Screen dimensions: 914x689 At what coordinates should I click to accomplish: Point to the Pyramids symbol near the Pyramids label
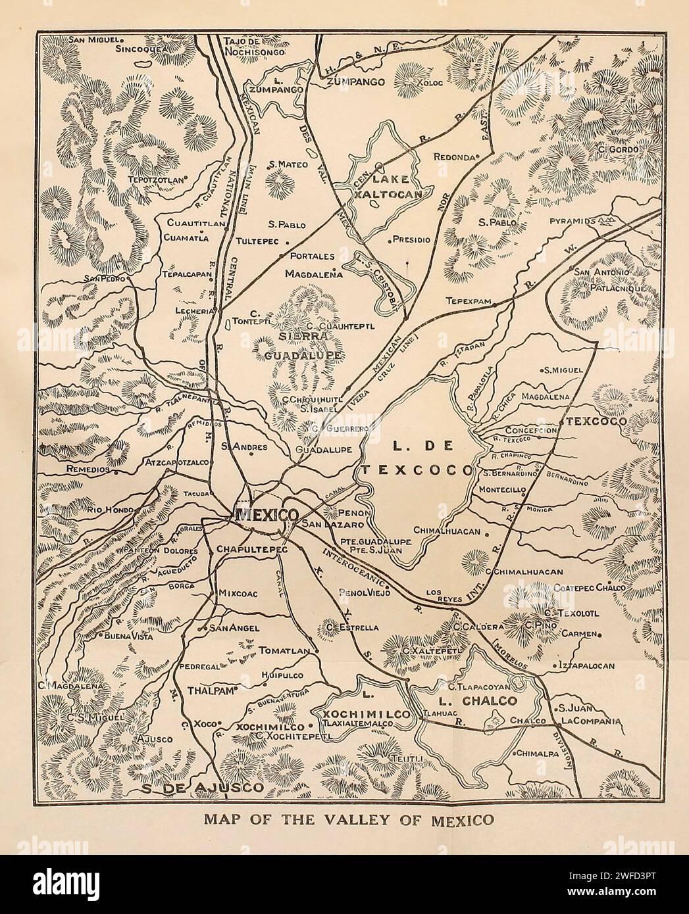609,220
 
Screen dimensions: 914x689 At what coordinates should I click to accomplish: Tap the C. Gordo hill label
617,150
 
